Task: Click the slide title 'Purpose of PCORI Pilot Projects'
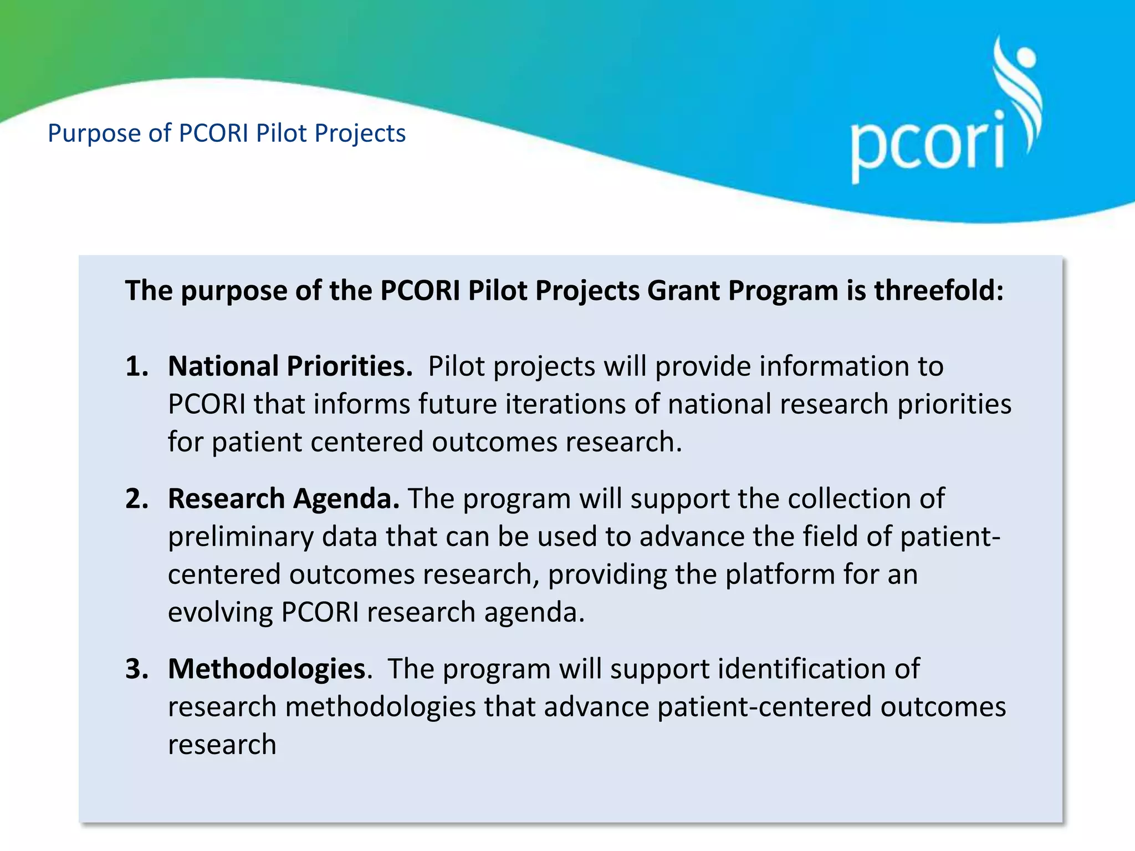pos(227,134)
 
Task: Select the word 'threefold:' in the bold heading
pos(939,290)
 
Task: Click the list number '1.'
pos(137,367)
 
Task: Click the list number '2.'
pos(137,499)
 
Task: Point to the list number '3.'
pos(137,669)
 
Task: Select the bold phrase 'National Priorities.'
pos(290,367)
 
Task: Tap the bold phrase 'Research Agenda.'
pos(283,499)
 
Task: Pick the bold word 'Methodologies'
pos(267,669)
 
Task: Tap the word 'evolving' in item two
pos(220,613)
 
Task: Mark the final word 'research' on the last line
pos(222,745)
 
